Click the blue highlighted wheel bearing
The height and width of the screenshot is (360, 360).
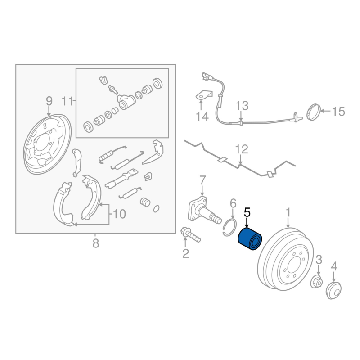250,239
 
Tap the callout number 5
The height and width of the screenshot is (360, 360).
247,212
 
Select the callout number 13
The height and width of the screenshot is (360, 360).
242,106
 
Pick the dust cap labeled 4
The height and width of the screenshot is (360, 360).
333,291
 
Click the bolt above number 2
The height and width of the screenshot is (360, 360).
190,234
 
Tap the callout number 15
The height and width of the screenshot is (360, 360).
338,112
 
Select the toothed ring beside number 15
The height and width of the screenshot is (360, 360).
314,112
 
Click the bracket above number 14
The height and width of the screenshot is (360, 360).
204,95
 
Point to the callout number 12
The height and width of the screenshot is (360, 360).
242,149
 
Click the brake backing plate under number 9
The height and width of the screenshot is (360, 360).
47,144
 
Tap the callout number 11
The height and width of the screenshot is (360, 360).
67,101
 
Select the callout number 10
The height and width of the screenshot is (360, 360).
119,214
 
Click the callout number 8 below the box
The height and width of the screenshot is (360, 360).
96,243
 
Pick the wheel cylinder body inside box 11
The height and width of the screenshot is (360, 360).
126,102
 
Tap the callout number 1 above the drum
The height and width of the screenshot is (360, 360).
288,212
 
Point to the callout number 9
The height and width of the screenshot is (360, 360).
49,101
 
